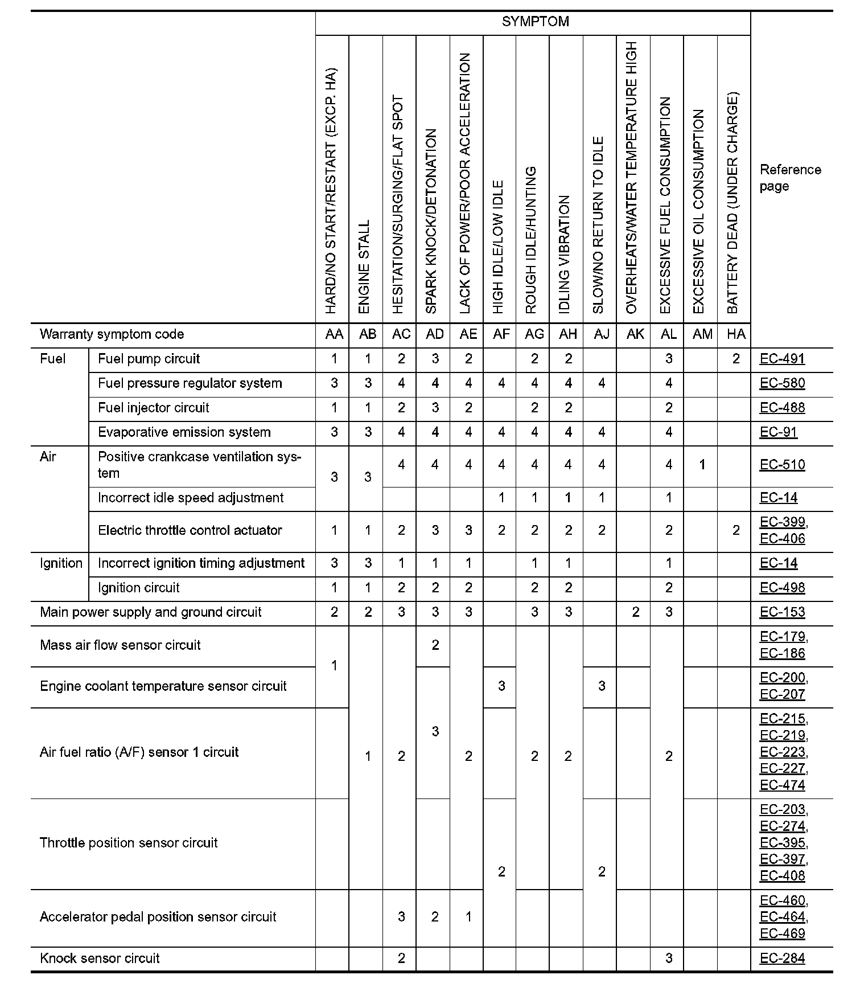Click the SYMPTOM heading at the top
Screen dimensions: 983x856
click(535, 22)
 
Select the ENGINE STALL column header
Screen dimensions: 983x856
click(364, 266)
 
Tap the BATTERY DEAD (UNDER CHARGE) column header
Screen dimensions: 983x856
click(733, 202)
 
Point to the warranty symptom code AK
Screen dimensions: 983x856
click(635, 334)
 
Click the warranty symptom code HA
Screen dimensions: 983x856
click(736, 334)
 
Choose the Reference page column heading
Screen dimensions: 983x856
click(790, 178)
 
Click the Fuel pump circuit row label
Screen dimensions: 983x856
click(149, 359)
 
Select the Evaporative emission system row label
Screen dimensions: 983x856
click(184, 432)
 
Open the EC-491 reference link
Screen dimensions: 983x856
click(782, 359)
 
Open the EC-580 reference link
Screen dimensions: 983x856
click(782, 383)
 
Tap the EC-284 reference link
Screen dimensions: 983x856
click(782, 959)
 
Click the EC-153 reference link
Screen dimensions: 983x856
click(782, 612)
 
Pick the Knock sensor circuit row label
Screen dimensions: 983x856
click(100, 959)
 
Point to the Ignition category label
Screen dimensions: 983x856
click(61, 563)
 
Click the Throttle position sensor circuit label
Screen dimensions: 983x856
click(129, 843)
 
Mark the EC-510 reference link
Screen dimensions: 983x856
click(782, 465)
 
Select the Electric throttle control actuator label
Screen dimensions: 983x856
click(190, 530)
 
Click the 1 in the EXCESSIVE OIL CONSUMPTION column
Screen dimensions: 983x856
click(702, 465)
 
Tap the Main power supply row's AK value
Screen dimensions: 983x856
click(635, 612)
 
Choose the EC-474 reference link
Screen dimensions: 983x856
click(782, 785)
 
